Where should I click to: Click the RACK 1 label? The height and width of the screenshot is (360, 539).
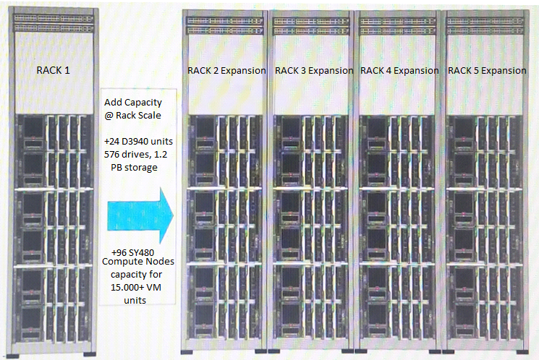[x=53, y=70]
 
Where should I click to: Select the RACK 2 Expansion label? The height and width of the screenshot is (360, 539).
[x=226, y=71]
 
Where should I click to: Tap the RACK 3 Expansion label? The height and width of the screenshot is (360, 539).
[x=314, y=71]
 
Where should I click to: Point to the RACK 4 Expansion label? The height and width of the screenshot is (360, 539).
[x=399, y=71]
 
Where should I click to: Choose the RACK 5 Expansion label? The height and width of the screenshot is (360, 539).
[x=487, y=71]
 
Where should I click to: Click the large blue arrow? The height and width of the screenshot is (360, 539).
[x=140, y=215]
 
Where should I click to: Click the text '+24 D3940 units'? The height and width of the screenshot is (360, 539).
[x=138, y=142]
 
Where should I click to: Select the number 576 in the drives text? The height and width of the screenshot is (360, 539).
[x=111, y=155]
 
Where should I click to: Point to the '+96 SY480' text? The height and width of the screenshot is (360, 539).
[x=132, y=252]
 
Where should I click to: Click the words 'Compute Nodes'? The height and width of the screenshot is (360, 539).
[x=138, y=262]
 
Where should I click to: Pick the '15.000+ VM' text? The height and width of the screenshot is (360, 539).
[x=136, y=287]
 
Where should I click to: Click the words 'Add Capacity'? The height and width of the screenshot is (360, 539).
[x=133, y=103]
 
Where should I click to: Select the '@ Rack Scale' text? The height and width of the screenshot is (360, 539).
[x=132, y=116]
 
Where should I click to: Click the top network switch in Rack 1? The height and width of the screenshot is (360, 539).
[x=54, y=18]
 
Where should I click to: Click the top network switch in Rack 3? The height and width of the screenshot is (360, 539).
[x=311, y=21]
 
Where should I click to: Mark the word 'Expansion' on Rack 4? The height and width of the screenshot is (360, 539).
[x=416, y=71]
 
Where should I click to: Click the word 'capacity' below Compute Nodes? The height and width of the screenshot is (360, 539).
[x=136, y=275]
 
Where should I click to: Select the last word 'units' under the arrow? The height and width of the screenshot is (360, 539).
[x=135, y=301]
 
